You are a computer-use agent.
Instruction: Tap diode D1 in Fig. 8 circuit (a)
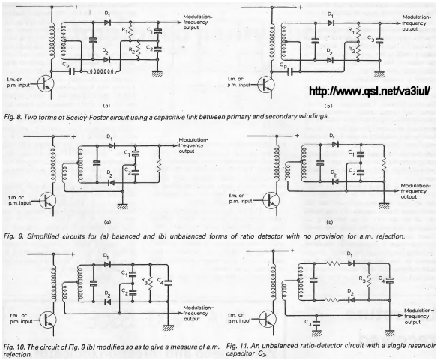pos(107,22)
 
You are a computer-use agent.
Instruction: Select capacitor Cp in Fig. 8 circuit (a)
pos(72,71)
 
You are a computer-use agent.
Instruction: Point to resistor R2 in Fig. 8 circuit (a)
pos(139,50)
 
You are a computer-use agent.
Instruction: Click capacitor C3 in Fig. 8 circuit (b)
pos(379,40)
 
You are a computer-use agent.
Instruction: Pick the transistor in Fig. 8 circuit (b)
pos(266,85)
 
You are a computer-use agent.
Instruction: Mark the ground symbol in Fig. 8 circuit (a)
pos(157,74)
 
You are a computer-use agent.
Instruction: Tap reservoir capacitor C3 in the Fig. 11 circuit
pos(316,323)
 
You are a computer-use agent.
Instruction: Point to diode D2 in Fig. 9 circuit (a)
pos(112,183)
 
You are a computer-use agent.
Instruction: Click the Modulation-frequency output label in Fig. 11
pos(418,316)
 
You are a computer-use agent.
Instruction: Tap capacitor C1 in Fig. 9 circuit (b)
pos(361,154)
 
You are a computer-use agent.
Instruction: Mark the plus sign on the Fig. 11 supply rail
pos(292,250)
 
